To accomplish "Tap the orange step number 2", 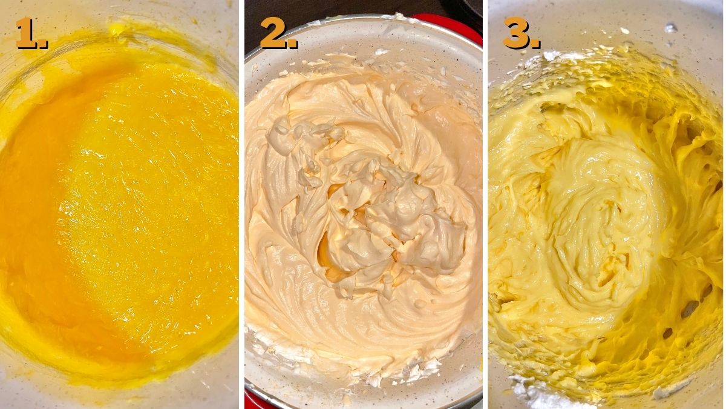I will click(273, 33).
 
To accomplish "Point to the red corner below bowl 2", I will click(250, 400).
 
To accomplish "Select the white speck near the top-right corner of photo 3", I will click(670, 27).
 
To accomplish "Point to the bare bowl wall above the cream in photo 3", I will click(605, 24).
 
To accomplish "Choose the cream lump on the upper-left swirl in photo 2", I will click(284, 130).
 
